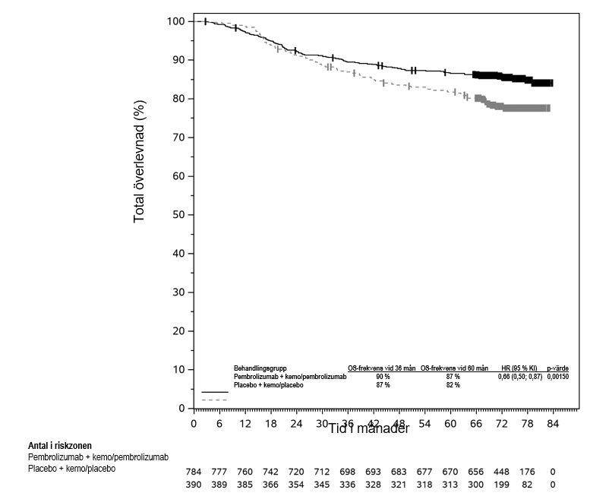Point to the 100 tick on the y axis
click(175, 21)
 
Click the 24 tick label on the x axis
click(296, 423)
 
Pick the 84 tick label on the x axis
click(553, 423)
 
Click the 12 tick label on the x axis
click(245, 423)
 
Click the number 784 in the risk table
click(194, 472)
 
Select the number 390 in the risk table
click(194, 484)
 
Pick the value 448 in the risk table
click(501, 472)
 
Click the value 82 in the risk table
click(527, 484)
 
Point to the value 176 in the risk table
click(527, 472)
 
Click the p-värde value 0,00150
click(558, 376)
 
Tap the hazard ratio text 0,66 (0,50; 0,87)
click(520, 376)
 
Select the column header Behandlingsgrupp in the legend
click(260, 368)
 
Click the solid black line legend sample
click(215, 392)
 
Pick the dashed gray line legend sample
click(215, 400)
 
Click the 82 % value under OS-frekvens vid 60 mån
click(453, 384)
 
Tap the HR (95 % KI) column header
click(520, 368)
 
